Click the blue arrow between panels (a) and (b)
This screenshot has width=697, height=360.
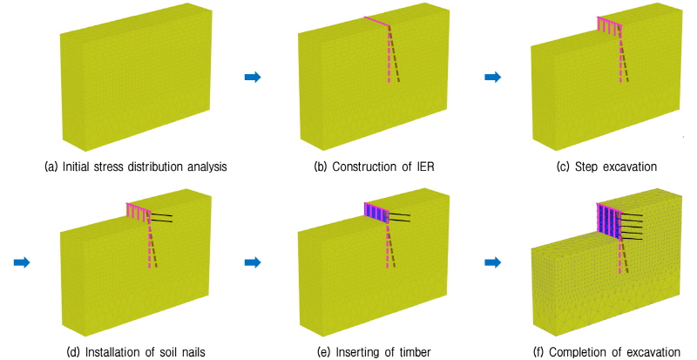(x=253, y=78)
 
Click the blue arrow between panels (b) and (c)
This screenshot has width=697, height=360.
(x=492, y=78)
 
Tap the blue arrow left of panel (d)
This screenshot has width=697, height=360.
(x=22, y=262)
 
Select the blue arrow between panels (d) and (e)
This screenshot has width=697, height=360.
(x=253, y=262)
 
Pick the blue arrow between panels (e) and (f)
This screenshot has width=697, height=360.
(x=492, y=262)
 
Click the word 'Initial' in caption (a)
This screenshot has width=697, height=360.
(x=76, y=166)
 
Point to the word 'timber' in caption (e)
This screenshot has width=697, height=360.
(x=414, y=352)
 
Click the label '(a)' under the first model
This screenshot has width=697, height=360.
(x=51, y=166)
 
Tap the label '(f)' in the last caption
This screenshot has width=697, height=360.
(x=539, y=352)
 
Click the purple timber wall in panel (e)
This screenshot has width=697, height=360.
(x=376, y=213)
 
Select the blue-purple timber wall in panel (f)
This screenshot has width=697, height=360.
(x=607, y=221)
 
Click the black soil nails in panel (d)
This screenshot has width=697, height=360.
(x=161, y=218)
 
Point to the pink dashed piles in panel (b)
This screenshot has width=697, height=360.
(x=393, y=54)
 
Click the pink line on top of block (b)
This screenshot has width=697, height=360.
(x=377, y=22)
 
